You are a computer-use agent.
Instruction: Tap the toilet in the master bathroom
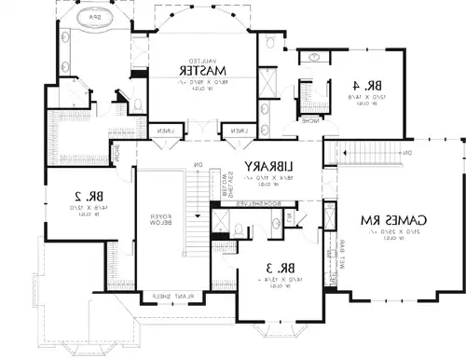[136, 104]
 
